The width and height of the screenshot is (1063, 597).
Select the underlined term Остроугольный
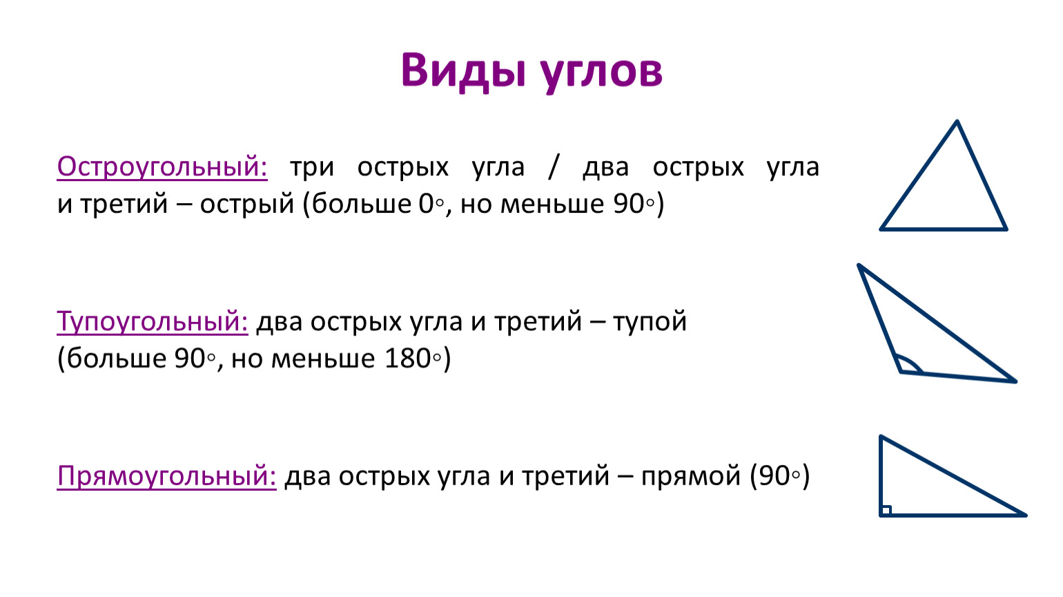click(x=162, y=167)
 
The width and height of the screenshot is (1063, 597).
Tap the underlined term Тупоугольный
click(x=153, y=321)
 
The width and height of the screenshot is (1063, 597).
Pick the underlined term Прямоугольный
click(x=166, y=476)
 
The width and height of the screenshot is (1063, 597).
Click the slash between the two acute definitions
click(x=553, y=167)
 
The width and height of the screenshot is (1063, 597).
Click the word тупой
click(x=650, y=322)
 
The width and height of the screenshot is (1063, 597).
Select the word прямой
click(x=691, y=476)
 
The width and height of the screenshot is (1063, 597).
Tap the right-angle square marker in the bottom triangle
click(x=886, y=511)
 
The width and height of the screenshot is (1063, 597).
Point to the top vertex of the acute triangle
click(x=957, y=122)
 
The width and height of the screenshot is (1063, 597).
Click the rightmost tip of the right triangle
click(x=1026, y=515)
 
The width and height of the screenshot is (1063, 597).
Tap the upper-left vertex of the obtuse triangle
click(x=859, y=265)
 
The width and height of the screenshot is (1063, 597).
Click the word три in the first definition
click(x=312, y=168)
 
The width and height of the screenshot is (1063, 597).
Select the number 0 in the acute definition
click(x=426, y=205)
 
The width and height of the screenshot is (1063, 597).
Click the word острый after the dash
click(x=247, y=205)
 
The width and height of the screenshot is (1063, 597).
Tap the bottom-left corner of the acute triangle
click(x=881, y=229)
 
